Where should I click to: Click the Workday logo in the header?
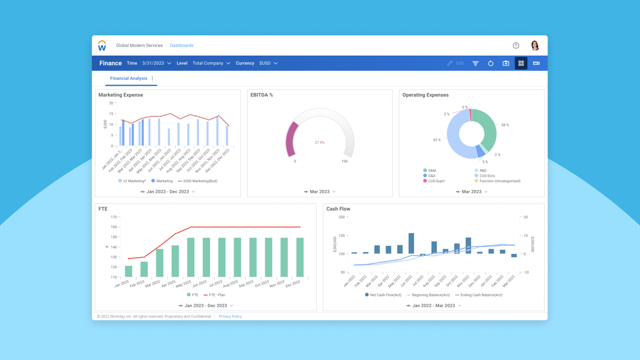click(102, 46)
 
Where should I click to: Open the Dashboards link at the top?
click(181, 46)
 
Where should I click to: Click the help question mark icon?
click(516, 46)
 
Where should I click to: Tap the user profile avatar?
click(535, 46)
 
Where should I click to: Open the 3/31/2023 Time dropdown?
click(156, 63)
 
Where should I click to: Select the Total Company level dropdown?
click(211, 63)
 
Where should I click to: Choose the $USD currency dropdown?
click(268, 63)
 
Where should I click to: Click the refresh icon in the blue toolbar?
click(491, 63)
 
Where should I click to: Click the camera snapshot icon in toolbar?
click(506, 63)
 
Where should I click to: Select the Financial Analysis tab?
click(129, 78)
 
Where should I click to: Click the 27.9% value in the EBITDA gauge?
click(320, 142)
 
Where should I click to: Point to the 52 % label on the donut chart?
click(437, 140)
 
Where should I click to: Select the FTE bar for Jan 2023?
click(128, 271)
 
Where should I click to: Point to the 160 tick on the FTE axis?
click(114, 227)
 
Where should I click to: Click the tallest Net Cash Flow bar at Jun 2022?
click(411, 243)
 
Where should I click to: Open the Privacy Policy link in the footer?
click(230, 316)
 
